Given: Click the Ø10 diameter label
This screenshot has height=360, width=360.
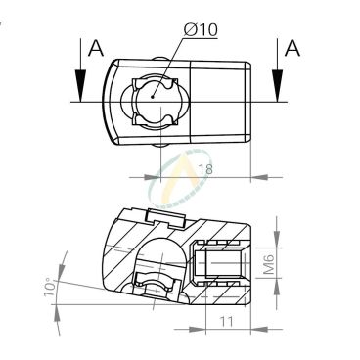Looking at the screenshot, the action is tap(201, 30).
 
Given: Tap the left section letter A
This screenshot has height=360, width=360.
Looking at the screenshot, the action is tap(96, 48).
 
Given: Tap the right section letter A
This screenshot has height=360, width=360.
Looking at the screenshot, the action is tap(292, 48).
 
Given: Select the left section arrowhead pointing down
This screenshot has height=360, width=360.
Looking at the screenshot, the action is tap(80, 85).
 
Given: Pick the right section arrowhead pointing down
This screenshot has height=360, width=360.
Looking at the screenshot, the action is tap(277, 85).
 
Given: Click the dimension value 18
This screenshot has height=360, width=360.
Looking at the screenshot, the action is tap(205, 169).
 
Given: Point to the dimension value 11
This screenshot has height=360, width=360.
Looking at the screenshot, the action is tap(226, 322).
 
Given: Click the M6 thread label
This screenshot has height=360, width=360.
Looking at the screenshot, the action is tap(269, 264).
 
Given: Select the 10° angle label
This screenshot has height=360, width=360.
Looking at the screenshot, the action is tap(49, 287).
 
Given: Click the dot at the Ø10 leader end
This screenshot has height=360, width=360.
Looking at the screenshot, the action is tap(153, 96).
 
